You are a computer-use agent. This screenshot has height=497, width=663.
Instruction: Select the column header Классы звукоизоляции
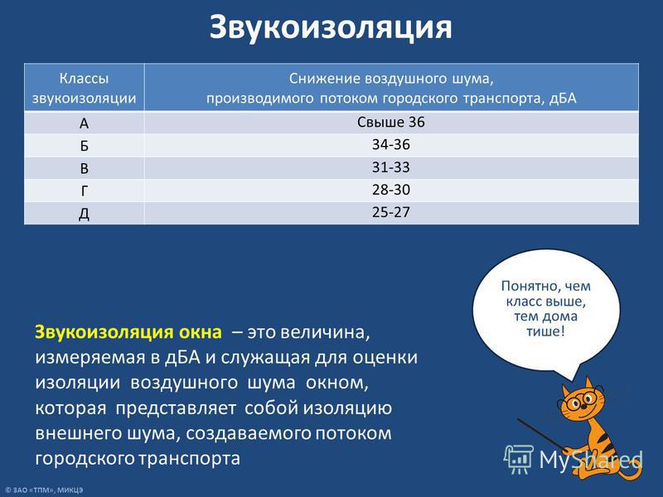click(85, 88)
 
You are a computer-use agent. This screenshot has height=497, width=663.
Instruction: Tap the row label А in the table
click(85, 123)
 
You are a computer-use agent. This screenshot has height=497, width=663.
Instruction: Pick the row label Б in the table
click(85, 146)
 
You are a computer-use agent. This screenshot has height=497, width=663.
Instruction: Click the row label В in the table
click(85, 168)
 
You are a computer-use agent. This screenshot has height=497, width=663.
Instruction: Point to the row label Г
click(85, 191)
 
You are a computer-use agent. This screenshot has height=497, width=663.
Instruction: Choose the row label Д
click(85, 214)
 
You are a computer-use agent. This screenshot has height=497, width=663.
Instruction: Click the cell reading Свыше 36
click(391, 122)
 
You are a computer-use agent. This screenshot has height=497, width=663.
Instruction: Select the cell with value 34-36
click(391, 144)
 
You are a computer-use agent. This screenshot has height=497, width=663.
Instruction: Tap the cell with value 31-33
click(391, 167)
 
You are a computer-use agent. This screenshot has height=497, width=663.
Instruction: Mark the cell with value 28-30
click(391, 190)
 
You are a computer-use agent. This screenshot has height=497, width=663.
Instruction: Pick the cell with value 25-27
click(391, 212)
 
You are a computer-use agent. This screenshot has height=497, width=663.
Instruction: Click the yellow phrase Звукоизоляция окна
click(128, 332)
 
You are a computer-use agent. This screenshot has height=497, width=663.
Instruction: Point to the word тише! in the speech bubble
click(545, 331)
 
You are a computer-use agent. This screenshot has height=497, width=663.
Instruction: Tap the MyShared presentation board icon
click(519, 459)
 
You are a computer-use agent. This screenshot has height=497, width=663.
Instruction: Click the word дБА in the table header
click(563, 98)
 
